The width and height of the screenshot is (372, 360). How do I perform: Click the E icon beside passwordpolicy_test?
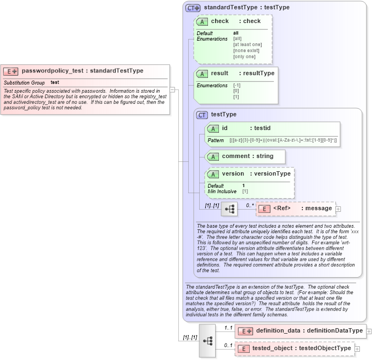click(x=11, y=71)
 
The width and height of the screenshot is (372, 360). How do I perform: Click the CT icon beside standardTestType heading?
click(x=193, y=8)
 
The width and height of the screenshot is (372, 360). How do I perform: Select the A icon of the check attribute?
click(x=202, y=21)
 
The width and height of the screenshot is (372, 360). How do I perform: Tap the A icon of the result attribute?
click(x=202, y=74)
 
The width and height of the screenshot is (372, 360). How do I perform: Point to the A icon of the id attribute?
click(x=213, y=128)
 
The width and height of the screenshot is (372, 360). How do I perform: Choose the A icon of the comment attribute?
click(x=213, y=156)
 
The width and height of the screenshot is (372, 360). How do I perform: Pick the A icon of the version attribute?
click(x=213, y=174)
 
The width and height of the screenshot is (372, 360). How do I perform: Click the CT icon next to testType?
click(x=202, y=115)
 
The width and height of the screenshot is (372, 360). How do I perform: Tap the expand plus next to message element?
click(x=338, y=209)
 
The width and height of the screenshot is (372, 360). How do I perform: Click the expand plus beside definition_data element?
click(x=369, y=331)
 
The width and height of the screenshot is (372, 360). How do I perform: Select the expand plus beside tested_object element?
click(x=357, y=348)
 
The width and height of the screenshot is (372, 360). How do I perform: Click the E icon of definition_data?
click(x=245, y=331)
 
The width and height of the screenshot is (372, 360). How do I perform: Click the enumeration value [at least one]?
click(x=247, y=44)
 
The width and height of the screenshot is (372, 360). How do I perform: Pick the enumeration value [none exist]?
click(x=246, y=50)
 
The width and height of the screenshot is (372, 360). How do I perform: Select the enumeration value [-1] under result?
click(x=237, y=86)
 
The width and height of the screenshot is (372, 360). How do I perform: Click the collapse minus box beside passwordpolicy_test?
click(x=172, y=89)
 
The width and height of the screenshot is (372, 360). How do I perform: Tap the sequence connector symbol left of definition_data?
click(x=208, y=340)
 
